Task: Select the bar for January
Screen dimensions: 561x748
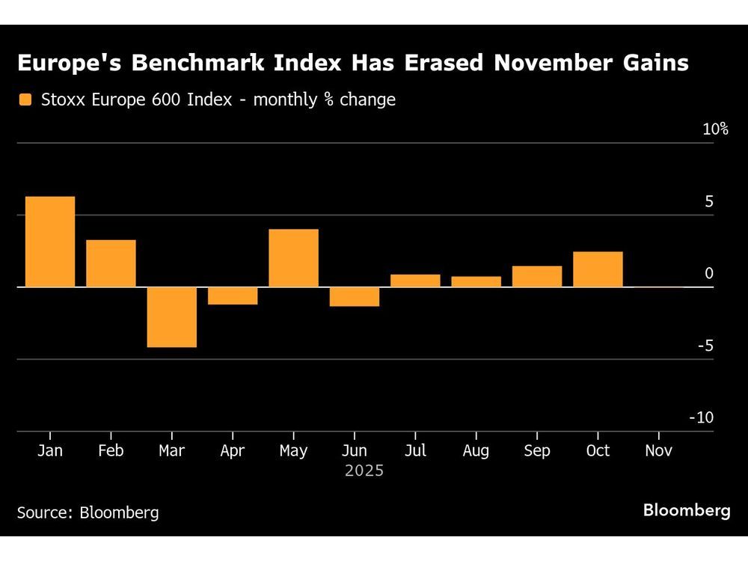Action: pyautogui.click(x=50, y=242)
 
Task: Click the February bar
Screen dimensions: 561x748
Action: pyautogui.click(x=111, y=263)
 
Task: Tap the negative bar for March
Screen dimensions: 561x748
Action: pyautogui.click(x=172, y=317)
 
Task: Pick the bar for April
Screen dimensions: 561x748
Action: pyautogui.click(x=233, y=296)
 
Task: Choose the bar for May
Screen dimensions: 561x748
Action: pyautogui.click(x=293, y=258)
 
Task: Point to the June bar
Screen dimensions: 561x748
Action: pyautogui.click(x=355, y=297)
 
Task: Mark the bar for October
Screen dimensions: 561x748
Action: pyautogui.click(x=598, y=269)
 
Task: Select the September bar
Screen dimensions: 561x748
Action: pyautogui.click(x=537, y=276)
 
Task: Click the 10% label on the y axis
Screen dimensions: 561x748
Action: pyautogui.click(x=715, y=129)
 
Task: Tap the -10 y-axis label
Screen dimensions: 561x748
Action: pyautogui.click(x=701, y=417)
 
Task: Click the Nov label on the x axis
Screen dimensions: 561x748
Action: pyautogui.click(x=658, y=451)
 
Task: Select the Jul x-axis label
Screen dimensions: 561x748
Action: pyautogui.click(x=415, y=451)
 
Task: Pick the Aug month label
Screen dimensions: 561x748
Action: pyautogui.click(x=476, y=451)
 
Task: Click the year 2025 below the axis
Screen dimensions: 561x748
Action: pyautogui.click(x=364, y=471)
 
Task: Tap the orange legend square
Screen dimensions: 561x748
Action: pyautogui.click(x=26, y=99)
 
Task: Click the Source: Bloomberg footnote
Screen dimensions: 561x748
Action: pyautogui.click(x=88, y=512)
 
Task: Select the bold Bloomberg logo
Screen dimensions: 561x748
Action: pyautogui.click(x=687, y=511)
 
